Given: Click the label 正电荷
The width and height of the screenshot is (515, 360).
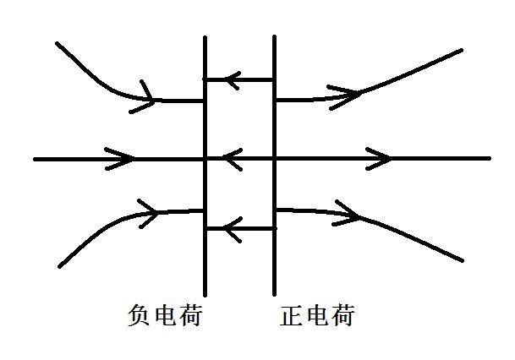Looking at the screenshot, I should (x=317, y=317).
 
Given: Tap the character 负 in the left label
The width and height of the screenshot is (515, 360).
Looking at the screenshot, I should (x=138, y=317).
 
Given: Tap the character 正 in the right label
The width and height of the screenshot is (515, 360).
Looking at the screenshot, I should (x=291, y=317).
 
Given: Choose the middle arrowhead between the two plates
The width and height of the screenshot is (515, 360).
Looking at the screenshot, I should (x=233, y=158).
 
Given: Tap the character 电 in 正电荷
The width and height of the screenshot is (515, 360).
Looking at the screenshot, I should (x=317, y=317).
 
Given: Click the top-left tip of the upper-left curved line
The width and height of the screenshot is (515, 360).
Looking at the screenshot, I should (x=58, y=44).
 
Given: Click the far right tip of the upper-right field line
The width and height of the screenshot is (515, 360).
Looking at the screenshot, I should (x=461, y=51).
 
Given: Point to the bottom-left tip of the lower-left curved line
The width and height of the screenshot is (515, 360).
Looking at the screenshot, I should (x=59, y=266).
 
